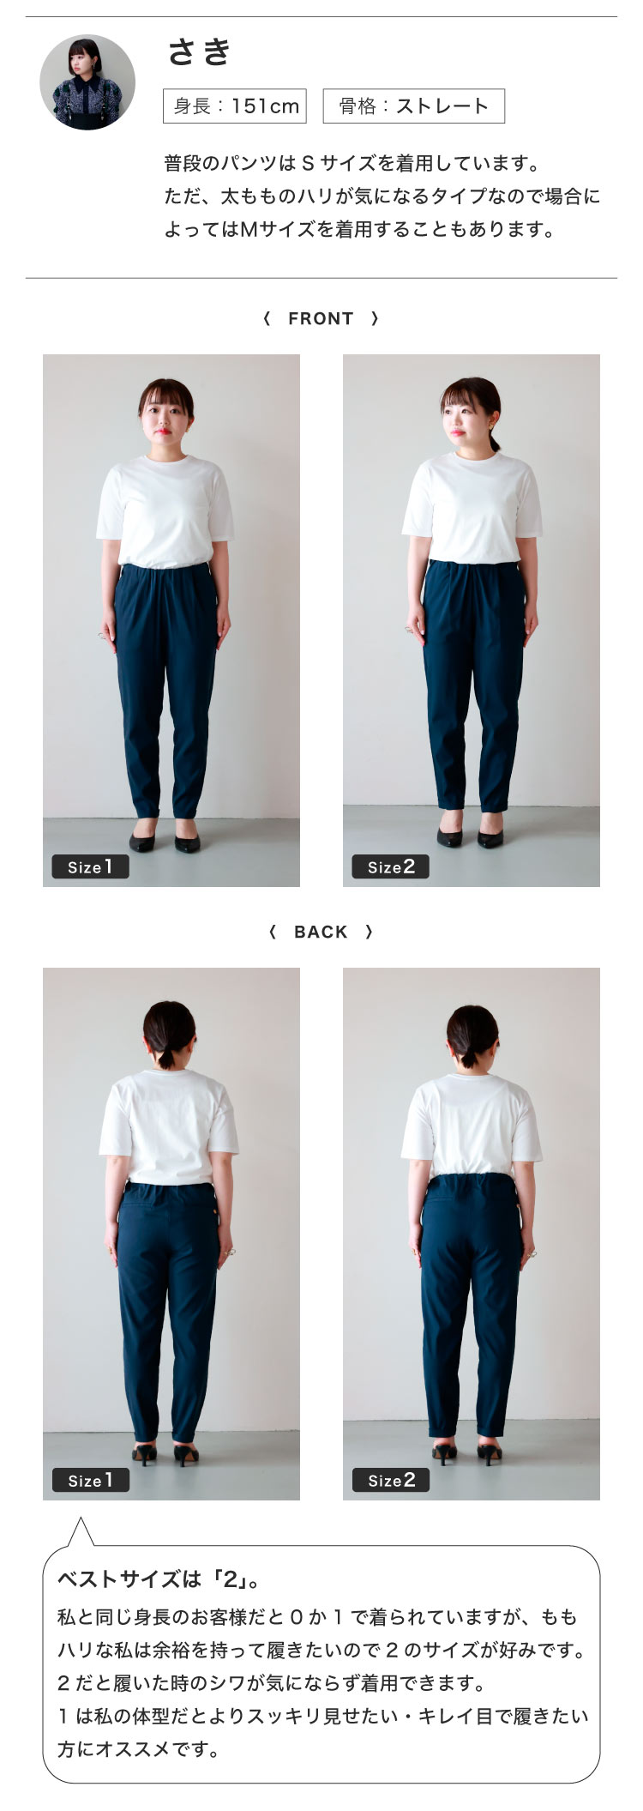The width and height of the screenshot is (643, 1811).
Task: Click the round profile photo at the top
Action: pos(87,82)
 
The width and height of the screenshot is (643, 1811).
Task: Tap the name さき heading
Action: pos(200,51)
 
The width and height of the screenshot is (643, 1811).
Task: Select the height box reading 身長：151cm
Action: pos(235,106)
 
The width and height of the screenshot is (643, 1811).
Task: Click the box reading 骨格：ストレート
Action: pos(413,106)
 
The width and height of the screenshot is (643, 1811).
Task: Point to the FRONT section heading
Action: pos(321,318)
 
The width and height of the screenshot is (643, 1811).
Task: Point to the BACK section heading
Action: pos(321,932)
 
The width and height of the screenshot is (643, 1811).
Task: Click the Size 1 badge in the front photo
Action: pos(90,866)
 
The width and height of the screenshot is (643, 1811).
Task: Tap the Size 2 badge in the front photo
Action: pos(391,866)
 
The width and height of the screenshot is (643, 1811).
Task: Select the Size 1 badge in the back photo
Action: pos(90,1480)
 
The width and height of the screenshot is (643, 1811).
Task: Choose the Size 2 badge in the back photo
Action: pos(391,1480)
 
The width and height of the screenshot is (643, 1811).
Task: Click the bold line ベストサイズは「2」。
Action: pos(159,1579)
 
